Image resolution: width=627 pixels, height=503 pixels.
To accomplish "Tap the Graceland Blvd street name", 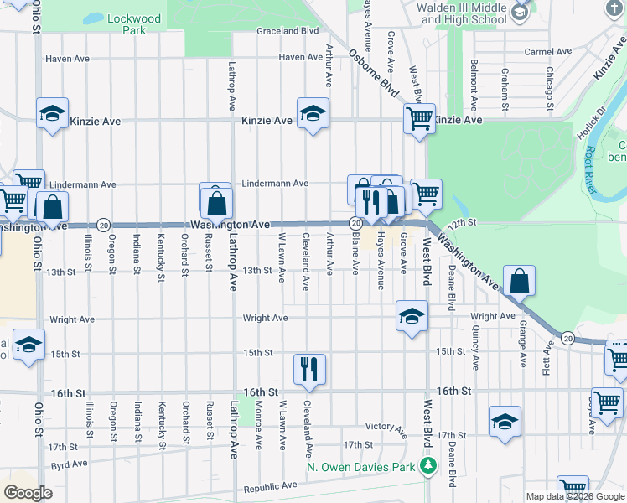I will pyautogui.click(x=288, y=31).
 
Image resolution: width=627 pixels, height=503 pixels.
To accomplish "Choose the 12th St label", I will pyautogui.click(x=461, y=223).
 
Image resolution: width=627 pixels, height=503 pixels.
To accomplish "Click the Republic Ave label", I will pyautogui.click(x=270, y=486).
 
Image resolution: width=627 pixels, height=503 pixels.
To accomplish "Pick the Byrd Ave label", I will pyautogui.click(x=69, y=464).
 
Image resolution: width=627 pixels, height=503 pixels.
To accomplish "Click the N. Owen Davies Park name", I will pyautogui.click(x=362, y=465).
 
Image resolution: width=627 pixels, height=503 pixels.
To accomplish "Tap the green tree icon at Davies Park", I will pyautogui.click(x=429, y=465).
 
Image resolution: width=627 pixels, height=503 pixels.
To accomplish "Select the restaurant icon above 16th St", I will pyautogui.click(x=309, y=369).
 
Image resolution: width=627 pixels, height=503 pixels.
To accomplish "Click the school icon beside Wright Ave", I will pyautogui.click(x=411, y=317).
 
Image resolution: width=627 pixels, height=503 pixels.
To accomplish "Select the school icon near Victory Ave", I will pyautogui.click(x=505, y=422).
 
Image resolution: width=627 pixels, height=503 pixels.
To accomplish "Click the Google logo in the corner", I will pyautogui.click(x=28, y=492).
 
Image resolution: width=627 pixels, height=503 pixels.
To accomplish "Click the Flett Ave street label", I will pyautogui.click(x=550, y=356).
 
